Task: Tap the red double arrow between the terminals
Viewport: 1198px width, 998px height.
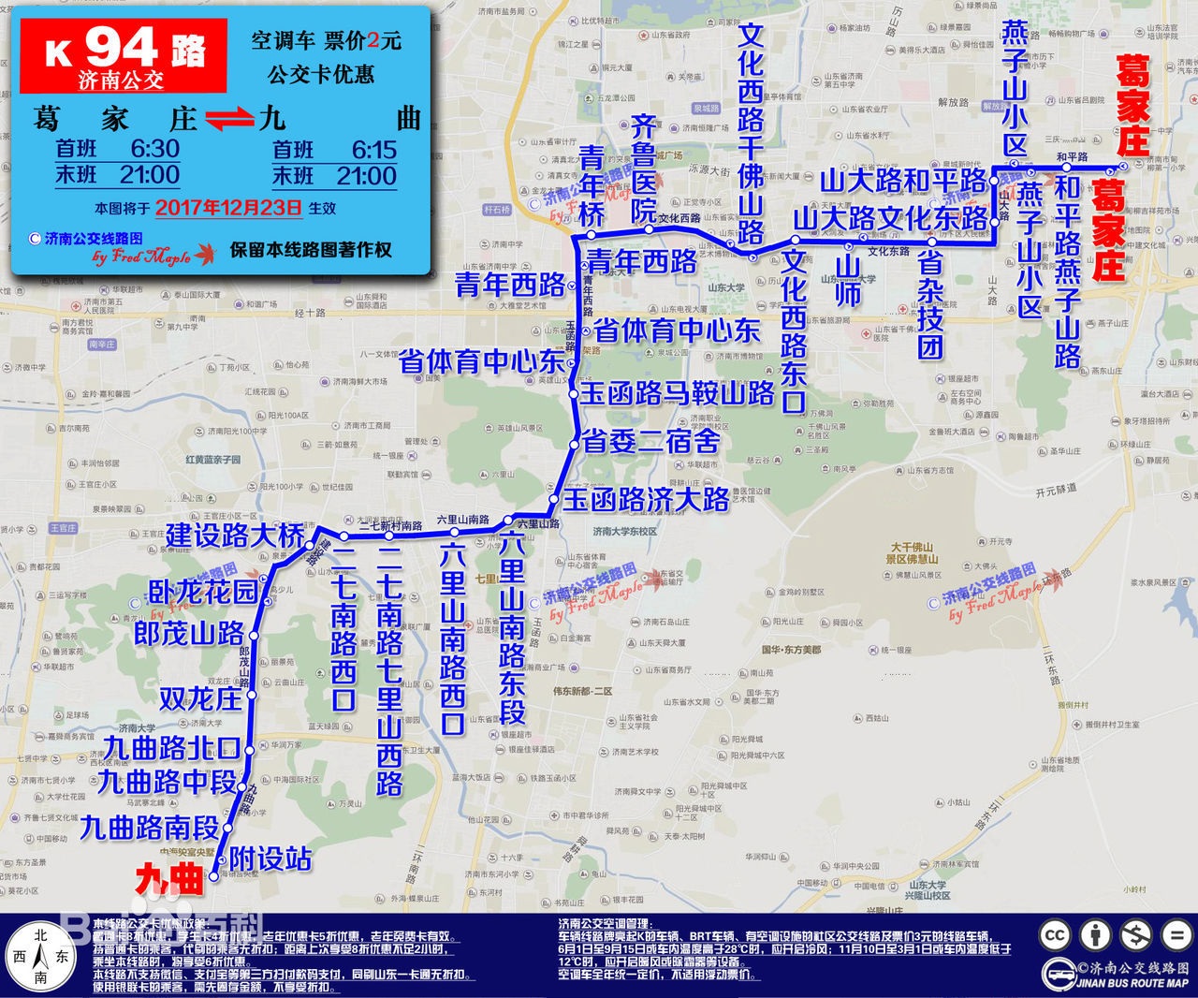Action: point(229,119)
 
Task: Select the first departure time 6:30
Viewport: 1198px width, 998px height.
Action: point(154,148)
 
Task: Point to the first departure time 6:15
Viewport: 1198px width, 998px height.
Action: point(373,149)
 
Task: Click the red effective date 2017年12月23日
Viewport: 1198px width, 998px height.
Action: point(228,207)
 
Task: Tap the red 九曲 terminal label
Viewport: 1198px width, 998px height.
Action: point(169,878)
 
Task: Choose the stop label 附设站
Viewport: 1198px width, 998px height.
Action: point(270,859)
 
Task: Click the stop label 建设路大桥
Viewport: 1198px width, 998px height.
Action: point(235,536)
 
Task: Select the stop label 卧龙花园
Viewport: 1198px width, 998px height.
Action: point(203,593)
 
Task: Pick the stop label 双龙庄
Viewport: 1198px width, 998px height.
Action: point(199,697)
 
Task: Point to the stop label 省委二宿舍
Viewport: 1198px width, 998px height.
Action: point(650,440)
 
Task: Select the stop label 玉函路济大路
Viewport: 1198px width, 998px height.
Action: point(646,499)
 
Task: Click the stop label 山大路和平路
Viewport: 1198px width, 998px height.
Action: point(904,180)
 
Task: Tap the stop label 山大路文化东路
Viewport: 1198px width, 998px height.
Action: point(890,218)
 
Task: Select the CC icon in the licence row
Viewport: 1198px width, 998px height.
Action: point(1056,934)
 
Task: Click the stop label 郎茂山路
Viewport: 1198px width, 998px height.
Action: point(189,634)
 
